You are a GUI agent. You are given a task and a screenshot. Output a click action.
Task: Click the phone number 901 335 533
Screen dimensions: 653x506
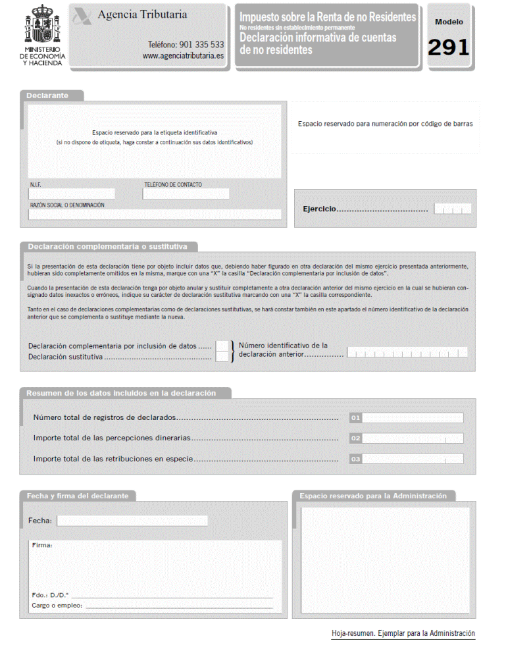[x=186, y=45]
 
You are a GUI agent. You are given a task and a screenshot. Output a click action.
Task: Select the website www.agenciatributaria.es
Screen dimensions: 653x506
[x=183, y=56]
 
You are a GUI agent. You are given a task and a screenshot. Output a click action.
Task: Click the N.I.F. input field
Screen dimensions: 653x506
[x=72, y=194]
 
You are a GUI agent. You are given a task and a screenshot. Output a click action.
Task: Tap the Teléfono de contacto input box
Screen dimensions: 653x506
[x=186, y=194]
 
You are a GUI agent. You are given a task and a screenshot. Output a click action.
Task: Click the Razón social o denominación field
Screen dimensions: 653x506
[x=155, y=215]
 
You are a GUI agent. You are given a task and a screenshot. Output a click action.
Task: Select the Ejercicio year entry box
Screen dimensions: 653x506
[x=453, y=209]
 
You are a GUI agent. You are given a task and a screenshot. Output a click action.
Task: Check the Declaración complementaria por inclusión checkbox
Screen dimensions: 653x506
[x=222, y=346]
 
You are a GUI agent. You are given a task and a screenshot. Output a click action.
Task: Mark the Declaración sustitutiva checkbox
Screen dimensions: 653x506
[x=222, y=357]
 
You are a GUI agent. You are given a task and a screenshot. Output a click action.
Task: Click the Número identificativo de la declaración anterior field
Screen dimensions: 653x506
[x=407, y=352]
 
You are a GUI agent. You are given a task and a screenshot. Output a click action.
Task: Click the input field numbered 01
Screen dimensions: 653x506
[x=413, y=418]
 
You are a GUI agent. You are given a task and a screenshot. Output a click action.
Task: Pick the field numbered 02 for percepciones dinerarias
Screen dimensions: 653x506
[x=413, y=438]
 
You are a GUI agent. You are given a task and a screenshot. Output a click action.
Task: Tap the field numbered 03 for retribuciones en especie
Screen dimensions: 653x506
[x=413, y=459]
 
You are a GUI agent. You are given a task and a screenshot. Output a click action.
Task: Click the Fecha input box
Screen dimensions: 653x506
[x=132, y=521]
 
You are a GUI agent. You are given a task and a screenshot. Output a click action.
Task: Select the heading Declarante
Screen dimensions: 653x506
[x=47, y=95]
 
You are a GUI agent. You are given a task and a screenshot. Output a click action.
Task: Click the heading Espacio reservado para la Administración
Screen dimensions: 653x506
[x=372, y=496]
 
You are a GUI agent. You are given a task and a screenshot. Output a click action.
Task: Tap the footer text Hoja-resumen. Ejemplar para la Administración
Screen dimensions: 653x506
[x=403, y=633]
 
